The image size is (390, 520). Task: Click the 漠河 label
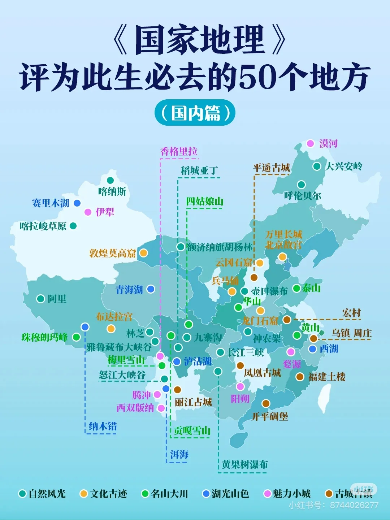328,144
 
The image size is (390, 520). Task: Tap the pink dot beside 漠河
310,143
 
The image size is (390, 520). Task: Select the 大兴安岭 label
343,166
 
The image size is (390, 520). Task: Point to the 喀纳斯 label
112,191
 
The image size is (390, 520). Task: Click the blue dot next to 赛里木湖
77,203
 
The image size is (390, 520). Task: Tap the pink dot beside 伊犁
88,212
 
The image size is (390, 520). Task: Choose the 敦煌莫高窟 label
112,253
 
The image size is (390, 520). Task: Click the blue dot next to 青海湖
151,289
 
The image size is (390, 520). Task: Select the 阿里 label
57,299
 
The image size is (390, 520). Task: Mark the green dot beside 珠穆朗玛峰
76,337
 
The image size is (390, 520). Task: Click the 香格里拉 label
179,152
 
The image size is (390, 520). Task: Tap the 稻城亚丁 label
199,170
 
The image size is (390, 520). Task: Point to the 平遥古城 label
271,168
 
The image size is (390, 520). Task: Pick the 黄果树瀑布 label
245,464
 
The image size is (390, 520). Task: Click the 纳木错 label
103,426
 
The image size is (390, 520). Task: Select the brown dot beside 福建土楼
300,377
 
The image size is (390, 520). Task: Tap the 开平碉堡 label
269,417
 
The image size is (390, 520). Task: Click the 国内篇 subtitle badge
195,113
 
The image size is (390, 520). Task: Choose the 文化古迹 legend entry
104,494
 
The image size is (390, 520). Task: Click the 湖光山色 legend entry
226,494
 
